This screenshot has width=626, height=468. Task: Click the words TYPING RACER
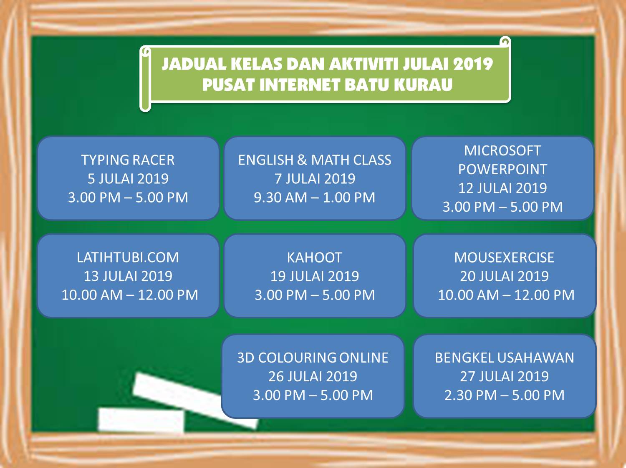[128, 160]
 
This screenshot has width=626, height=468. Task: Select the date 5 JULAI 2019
[128, 179]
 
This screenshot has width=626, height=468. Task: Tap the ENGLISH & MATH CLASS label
[315, 160]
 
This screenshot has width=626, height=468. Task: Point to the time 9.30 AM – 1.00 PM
[315, 198]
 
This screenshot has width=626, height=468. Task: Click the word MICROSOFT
[502, 150]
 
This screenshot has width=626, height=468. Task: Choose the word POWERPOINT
[502, 169]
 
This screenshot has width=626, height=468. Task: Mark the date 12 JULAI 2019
[502, 188]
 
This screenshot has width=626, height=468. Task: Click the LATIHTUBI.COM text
[128, 258]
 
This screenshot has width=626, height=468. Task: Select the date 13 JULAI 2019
[128, 276]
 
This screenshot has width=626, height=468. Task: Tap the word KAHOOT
[315, 258]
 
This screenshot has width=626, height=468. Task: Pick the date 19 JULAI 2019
[315, 276]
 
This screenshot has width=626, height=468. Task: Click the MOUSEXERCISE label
[504, 258]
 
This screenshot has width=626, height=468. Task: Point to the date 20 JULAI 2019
[504, 276]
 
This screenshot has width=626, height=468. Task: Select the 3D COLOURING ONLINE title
[313, 358]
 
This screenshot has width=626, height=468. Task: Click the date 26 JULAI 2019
[313, 376]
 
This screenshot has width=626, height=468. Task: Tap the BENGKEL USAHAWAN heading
[504, 358]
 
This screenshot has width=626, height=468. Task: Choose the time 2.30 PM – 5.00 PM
[504, 395]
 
